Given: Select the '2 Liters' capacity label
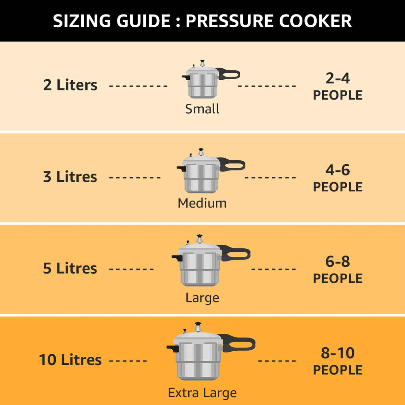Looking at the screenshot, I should click(x=70, y=85).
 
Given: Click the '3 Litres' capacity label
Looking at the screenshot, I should click(x=70, y=177).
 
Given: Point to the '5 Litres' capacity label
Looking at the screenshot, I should click(x=70, y=268).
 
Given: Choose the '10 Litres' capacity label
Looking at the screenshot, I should click(x=70, y=360).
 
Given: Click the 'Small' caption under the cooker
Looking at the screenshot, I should click(x=202, y=109).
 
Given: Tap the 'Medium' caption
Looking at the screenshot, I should click(x=202, y=203).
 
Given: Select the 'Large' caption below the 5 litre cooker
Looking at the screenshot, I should click(x=202, y=298).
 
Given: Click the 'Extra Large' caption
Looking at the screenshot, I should click(x=202, y=393).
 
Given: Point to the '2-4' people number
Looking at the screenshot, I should click(x=337, y=78).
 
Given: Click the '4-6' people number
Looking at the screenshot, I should click(x=337, y=170).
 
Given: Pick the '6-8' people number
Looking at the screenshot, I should click(x=337, y=262).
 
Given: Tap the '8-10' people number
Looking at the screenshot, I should click(x=337, y=353).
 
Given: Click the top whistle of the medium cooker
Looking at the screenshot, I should click(x=201, y=152).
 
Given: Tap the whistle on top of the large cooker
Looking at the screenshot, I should click(x=199, y=238).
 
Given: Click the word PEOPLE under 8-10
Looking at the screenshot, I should click(x=337, y=370).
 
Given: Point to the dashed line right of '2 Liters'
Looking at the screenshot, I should click(x=138, y=86).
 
